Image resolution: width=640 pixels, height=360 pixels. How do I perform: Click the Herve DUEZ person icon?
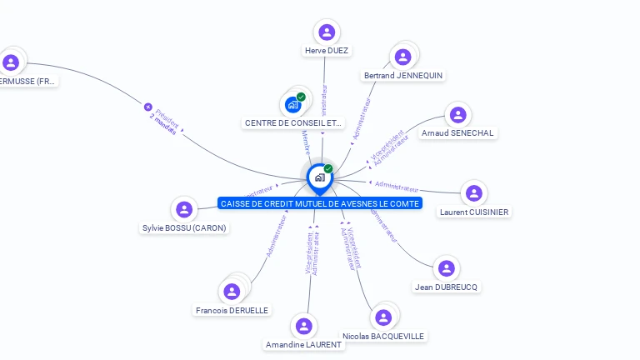(x=327, y=32)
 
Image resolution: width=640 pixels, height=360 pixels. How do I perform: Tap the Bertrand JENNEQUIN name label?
(x=403, y=75)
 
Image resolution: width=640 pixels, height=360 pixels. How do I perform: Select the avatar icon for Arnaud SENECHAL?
(x=457, y=115)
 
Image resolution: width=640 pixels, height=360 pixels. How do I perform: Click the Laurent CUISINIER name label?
(x=474, y=212)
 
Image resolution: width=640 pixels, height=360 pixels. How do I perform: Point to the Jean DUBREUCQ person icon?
(x=447, y=268)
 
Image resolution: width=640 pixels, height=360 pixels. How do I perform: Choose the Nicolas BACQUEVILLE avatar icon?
(x=383, y=317)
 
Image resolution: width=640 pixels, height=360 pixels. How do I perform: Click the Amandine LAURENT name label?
(x=303, y=344)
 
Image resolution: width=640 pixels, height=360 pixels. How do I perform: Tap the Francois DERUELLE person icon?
(x=232, y=291)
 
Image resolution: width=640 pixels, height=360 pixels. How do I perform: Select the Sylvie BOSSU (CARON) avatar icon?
(x=184, y=209)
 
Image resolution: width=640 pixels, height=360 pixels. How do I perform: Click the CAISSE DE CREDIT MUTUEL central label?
(x=320, y=203)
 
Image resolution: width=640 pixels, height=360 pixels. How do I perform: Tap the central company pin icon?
(x=319, y=177)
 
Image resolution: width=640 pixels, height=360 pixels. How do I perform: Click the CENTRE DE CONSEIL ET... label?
(x=293, y=122)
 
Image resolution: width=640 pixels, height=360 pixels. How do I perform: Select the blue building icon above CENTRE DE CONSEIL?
(x=292, y=104)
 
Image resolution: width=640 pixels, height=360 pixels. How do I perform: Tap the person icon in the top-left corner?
(x=11, y=62)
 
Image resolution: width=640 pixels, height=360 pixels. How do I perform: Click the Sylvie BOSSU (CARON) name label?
(x=184, y=227)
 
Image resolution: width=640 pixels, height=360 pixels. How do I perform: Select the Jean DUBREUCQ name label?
(x=447, y=287)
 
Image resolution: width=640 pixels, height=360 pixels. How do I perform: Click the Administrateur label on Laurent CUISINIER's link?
(x=397, y=186)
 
